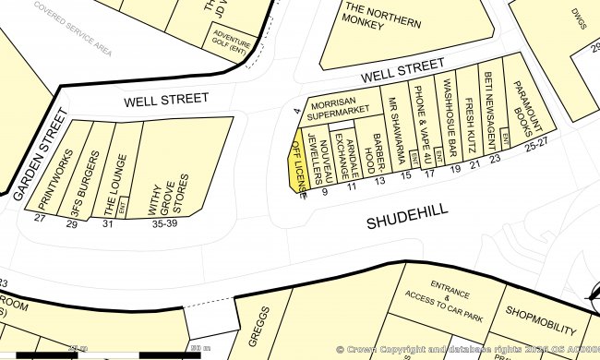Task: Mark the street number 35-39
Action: click(x=163, y=222)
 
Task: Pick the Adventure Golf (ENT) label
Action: click(x=232, y=48)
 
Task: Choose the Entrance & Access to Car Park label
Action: click(x=444, y=300)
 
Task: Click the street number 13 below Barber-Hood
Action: click(x=379, y=181)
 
